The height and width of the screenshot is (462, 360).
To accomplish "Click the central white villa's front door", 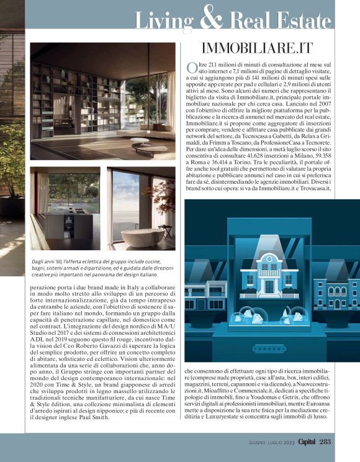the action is click(269, 286).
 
